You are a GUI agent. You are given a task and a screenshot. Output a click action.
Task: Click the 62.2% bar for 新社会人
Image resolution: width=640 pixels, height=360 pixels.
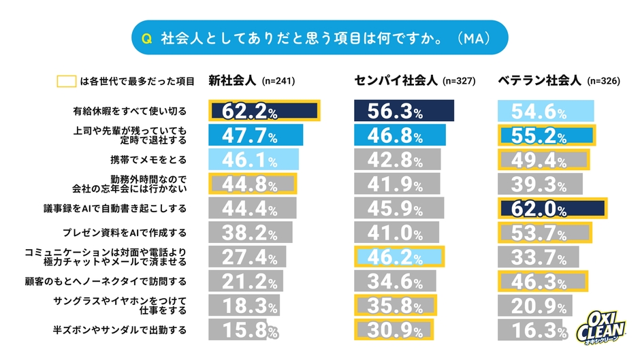(x=263, y=111)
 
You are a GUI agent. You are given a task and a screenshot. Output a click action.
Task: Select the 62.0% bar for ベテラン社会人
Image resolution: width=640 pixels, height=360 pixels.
(x=552, y=208)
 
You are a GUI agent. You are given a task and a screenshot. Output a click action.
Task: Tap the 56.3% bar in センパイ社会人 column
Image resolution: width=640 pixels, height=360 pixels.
(x=404, y=111)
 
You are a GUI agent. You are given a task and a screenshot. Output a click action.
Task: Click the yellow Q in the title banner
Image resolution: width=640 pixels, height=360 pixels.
(x=145, y=39)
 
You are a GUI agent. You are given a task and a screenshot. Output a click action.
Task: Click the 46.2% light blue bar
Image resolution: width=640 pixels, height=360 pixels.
(x=399, y=257)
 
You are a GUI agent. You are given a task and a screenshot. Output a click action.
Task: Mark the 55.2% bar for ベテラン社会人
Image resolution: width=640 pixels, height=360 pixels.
(x=547, y=135)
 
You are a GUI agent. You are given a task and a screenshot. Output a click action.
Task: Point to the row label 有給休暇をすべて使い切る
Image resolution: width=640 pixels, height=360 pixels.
(x=129, y=111)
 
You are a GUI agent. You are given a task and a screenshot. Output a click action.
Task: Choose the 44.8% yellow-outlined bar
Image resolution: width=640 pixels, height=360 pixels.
(x=252, y=184)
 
